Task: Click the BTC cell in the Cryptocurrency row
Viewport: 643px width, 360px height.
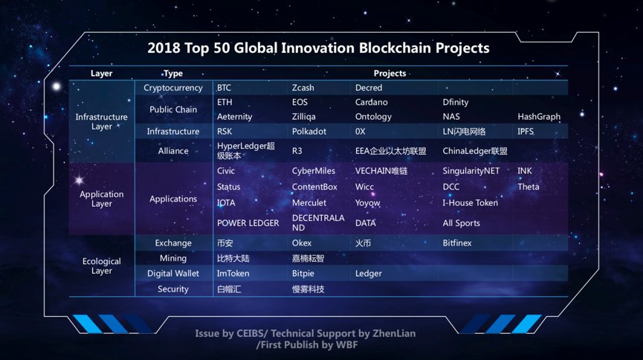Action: (224, 88)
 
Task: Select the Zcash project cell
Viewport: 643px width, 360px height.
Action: (303, 88)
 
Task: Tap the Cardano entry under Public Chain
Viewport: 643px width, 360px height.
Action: (371, 102)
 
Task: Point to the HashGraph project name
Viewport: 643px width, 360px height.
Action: (539, 117)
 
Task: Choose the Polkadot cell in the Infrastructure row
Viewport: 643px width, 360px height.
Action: (309, 132)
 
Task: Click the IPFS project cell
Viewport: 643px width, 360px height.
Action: (526, 132)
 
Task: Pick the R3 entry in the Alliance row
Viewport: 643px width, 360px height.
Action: (297, 151)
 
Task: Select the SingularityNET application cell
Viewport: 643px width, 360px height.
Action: (471, 171)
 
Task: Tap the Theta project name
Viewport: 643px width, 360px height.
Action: (529, 187)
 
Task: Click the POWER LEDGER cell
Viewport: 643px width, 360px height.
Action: (248, 223)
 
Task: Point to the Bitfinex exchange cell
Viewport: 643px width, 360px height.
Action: (457, 243)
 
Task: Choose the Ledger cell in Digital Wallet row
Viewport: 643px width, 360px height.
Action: (368, 274)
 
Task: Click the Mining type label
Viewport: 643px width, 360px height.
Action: (173, 259)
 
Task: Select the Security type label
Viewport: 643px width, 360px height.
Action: (173, 289)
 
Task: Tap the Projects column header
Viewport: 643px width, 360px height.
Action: (390, 74)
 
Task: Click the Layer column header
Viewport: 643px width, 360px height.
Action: (101, 74)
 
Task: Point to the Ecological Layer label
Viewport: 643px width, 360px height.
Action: (102, 266)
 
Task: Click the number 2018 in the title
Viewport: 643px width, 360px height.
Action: (164, 48)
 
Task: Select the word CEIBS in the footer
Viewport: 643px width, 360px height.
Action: (251, 333)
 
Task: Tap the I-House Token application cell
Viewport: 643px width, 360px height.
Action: (471, 203)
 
